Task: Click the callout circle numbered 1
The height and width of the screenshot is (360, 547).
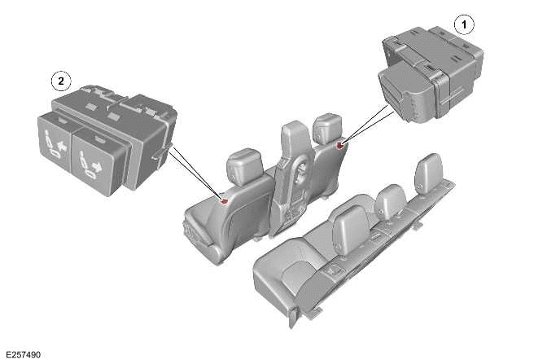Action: [x=464, y=24]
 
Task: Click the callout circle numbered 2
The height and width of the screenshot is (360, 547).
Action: [x=60, y=81]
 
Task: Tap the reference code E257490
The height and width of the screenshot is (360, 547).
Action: [x=23, y=354]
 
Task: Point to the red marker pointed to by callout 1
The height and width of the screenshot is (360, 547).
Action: [x=339, y=146]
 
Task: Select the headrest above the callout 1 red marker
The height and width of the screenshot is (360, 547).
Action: [x=327, y=126]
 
